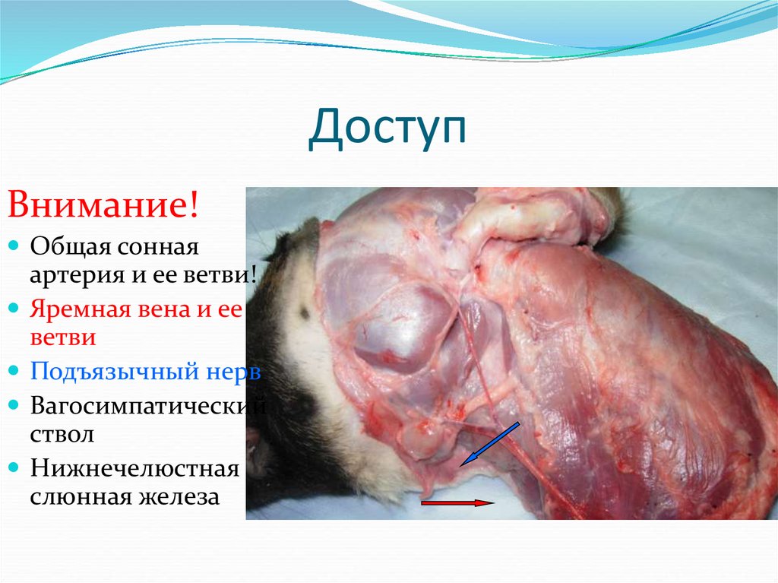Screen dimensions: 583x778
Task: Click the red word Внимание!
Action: pos(104,205)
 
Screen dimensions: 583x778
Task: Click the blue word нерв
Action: pos(235,372)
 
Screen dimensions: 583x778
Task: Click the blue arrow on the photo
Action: pos(490,444)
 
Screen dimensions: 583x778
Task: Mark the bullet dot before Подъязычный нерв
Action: pos(16,373)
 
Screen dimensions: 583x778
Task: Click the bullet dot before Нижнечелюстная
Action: pos(16,467)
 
